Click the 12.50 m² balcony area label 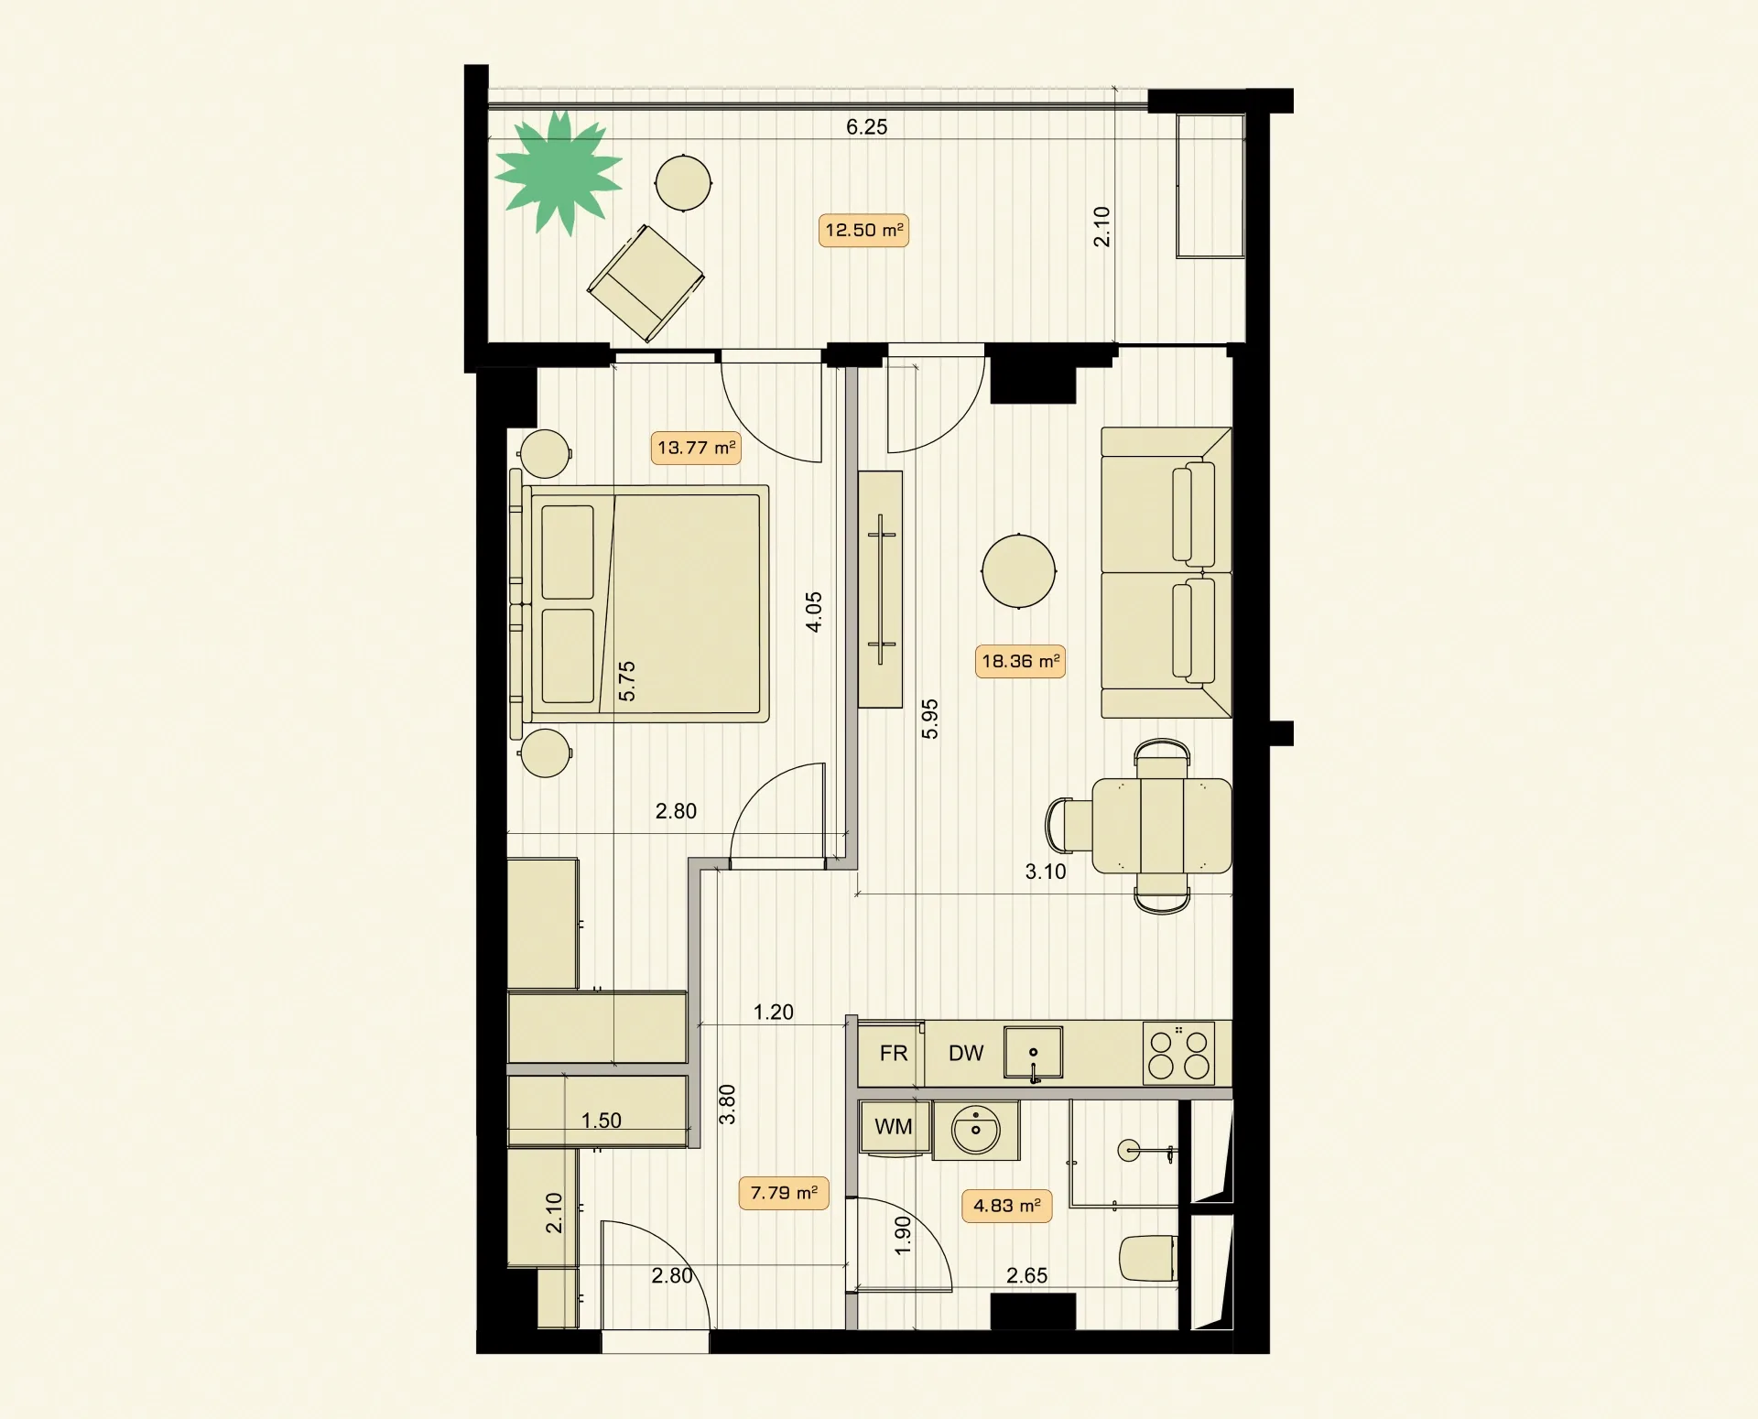coord(863,230)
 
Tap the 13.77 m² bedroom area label coord(696,448)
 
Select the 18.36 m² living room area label coord(1020,661)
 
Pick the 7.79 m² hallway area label coord(784,1193)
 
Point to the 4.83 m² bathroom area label coord(1006,1206)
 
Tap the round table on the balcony coord(683,183)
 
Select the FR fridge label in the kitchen coord(893,1054)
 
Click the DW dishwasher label coord(966,1054)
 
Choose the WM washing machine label coord(893,1127)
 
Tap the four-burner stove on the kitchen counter coord(1179,1053)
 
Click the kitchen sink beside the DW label coord(1033,1053)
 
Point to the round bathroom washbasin coord(976,1131)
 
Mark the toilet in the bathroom coord(1147,1259)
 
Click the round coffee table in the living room coord(1018,571)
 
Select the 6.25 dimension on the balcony coord(866,127)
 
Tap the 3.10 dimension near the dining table coord(1046,872)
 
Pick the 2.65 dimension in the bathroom coord(1026,1275)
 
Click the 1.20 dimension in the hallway coord(773,1012)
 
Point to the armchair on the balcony coord(646,283)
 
